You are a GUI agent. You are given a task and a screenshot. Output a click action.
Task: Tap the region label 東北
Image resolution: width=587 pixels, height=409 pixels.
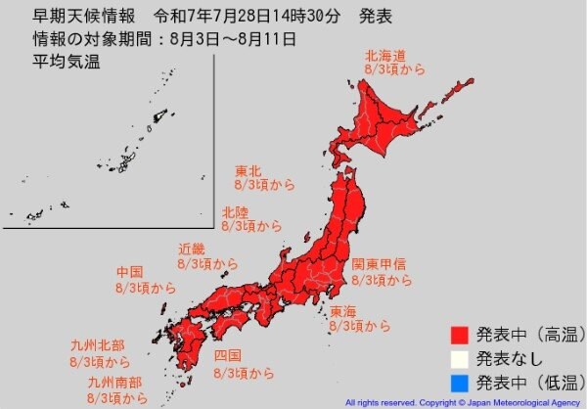248,168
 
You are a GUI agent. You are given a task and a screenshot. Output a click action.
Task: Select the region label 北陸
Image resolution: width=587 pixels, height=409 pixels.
234,210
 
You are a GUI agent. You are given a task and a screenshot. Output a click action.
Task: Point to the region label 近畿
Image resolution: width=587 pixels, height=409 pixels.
191,248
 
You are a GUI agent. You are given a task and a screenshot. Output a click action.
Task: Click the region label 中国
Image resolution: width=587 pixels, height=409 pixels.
129,271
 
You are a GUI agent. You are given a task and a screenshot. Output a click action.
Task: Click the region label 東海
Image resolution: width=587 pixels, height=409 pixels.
342,310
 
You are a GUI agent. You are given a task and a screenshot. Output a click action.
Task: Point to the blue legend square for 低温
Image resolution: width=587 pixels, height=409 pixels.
458,383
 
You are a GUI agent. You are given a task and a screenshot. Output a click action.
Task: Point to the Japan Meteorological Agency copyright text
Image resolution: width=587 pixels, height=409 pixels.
463,402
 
